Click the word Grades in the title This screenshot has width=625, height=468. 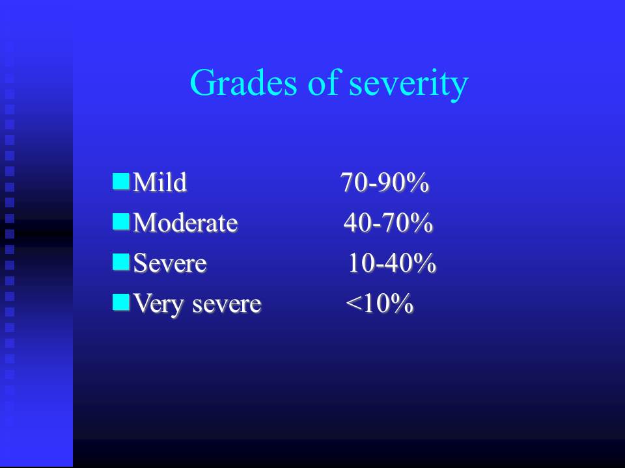[x=243, y=83]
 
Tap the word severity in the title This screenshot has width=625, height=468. [x=409, y=85]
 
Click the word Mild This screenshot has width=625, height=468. [x=160, y=182]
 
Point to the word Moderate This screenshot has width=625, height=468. [x=186, y=222]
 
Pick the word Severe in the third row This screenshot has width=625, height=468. [x=170, y=263]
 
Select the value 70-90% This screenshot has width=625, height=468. [x=385, y=182]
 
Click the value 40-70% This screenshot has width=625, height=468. [x=388, y=222]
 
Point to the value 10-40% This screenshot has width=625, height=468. [x=392, y=263]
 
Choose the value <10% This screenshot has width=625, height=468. [x=380, y=304]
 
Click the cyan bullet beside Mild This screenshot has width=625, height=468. [x=121, y=181]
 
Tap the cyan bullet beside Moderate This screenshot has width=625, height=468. [x=121, y=221]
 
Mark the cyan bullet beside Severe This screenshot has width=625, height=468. [x=121, y=262]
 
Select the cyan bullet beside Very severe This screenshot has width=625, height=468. [x=121, y=302]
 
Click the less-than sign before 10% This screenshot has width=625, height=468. [x=353, y=304]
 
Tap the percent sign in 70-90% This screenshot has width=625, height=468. [x=418, y=183]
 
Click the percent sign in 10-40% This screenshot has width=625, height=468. [x=426, y=263]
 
